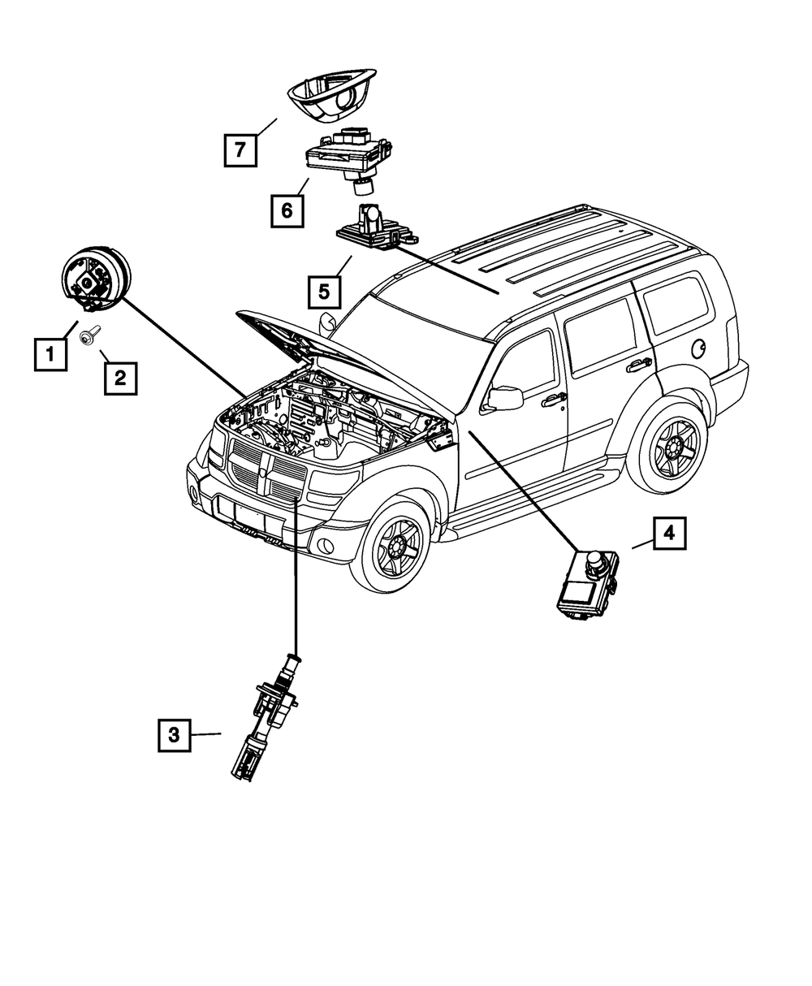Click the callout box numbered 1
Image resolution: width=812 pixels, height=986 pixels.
pyautogui.click(x=50, y=354)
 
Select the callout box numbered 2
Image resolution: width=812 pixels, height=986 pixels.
pyautogui.click(x=120, y=377)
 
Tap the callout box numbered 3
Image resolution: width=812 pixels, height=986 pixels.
pyautogui.click(x=175, y=736)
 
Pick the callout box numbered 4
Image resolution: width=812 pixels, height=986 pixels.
pyautogui.click(x=669, y=534)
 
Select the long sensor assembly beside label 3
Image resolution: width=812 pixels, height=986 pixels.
pyautogui.click(x=265, y=715)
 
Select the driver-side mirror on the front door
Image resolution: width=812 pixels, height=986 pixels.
pyautogui.click(x=503, y=398)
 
